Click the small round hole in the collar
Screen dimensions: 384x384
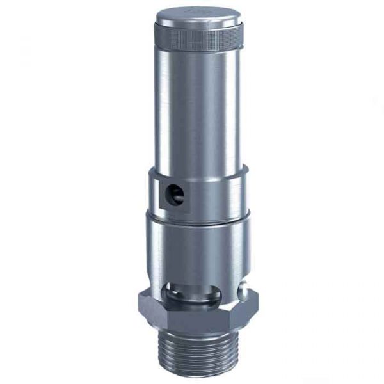(x=177, y=194)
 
